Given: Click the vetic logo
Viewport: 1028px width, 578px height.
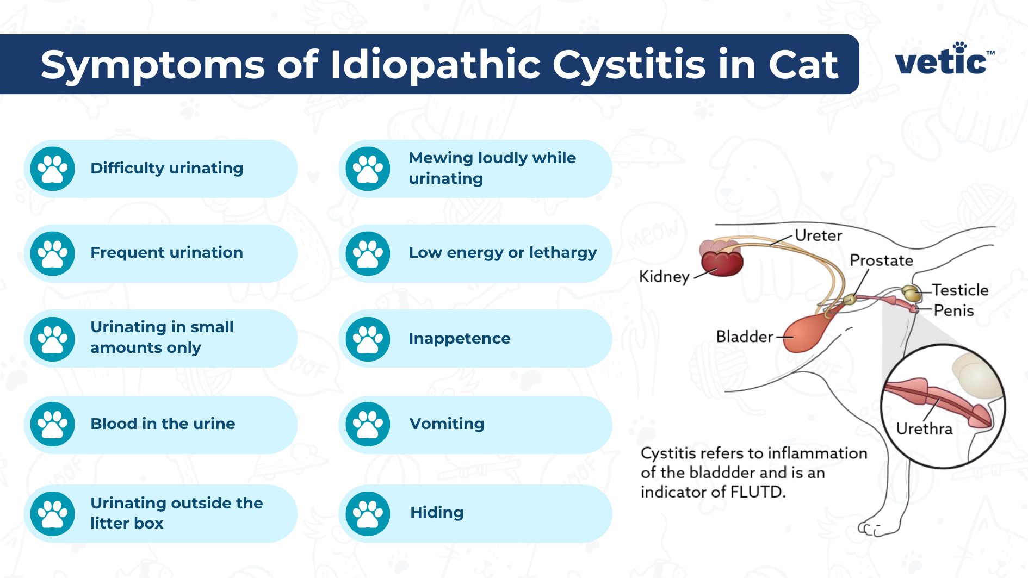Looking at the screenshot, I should point(944,60).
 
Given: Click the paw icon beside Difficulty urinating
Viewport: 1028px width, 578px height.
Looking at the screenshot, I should point(52,169).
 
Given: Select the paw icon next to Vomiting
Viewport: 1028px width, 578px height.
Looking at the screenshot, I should point(368,424).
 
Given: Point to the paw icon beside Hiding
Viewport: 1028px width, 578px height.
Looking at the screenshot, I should point(368,513).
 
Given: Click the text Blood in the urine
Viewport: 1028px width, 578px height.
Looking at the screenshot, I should point(163,424).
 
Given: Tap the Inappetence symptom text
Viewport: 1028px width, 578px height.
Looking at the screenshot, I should point(459,338).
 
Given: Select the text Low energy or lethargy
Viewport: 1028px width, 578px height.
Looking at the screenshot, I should point(502,253).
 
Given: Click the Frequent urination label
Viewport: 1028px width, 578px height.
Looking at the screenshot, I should point(166,253).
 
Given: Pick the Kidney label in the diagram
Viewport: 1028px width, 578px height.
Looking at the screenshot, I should point(664,276).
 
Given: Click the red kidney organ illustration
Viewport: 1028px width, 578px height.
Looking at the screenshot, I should point(721,262).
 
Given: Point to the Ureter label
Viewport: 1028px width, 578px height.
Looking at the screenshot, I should point(818,235).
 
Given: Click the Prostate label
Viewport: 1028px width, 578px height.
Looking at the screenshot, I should point(881,260).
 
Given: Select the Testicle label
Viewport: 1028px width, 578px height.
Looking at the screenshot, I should point(960,290).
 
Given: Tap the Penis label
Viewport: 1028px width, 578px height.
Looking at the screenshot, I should point(953,310).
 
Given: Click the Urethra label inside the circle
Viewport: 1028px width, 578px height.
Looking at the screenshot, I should point(924,429).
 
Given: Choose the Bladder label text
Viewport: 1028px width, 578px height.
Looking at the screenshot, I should point(744,337).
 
